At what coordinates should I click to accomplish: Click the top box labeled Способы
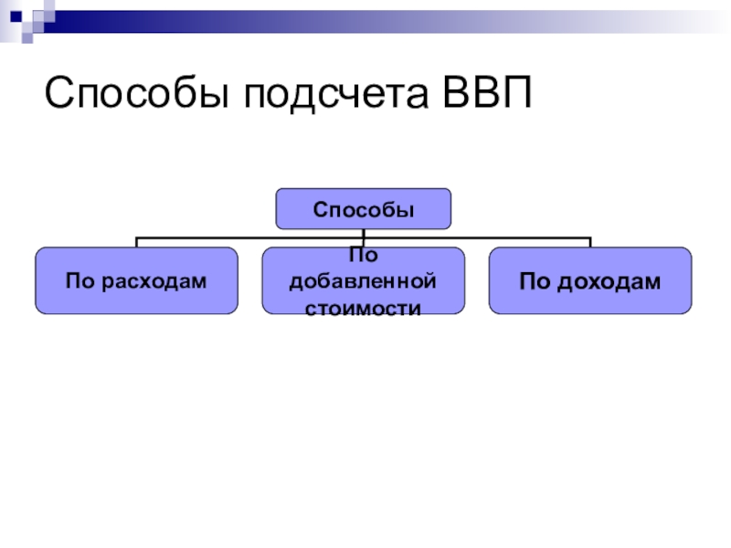pyautogui.click(x=364, y=209)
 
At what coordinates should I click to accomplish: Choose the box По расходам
pyautogui.click(x=136, y=280)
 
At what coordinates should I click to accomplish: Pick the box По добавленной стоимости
pyautogui.click(x=364, y=280)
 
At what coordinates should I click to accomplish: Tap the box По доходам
pyautogui.click(x=590, y=280)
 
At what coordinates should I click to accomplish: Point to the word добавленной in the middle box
pyautogui.click(x=363, y=280)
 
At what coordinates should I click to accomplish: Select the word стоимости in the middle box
pyautogui.click(x=363, y=307)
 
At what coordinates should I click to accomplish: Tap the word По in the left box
pyautogui.click(x=77, y=281)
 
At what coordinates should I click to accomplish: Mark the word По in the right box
pyautogui.click(x=534, y=281)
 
